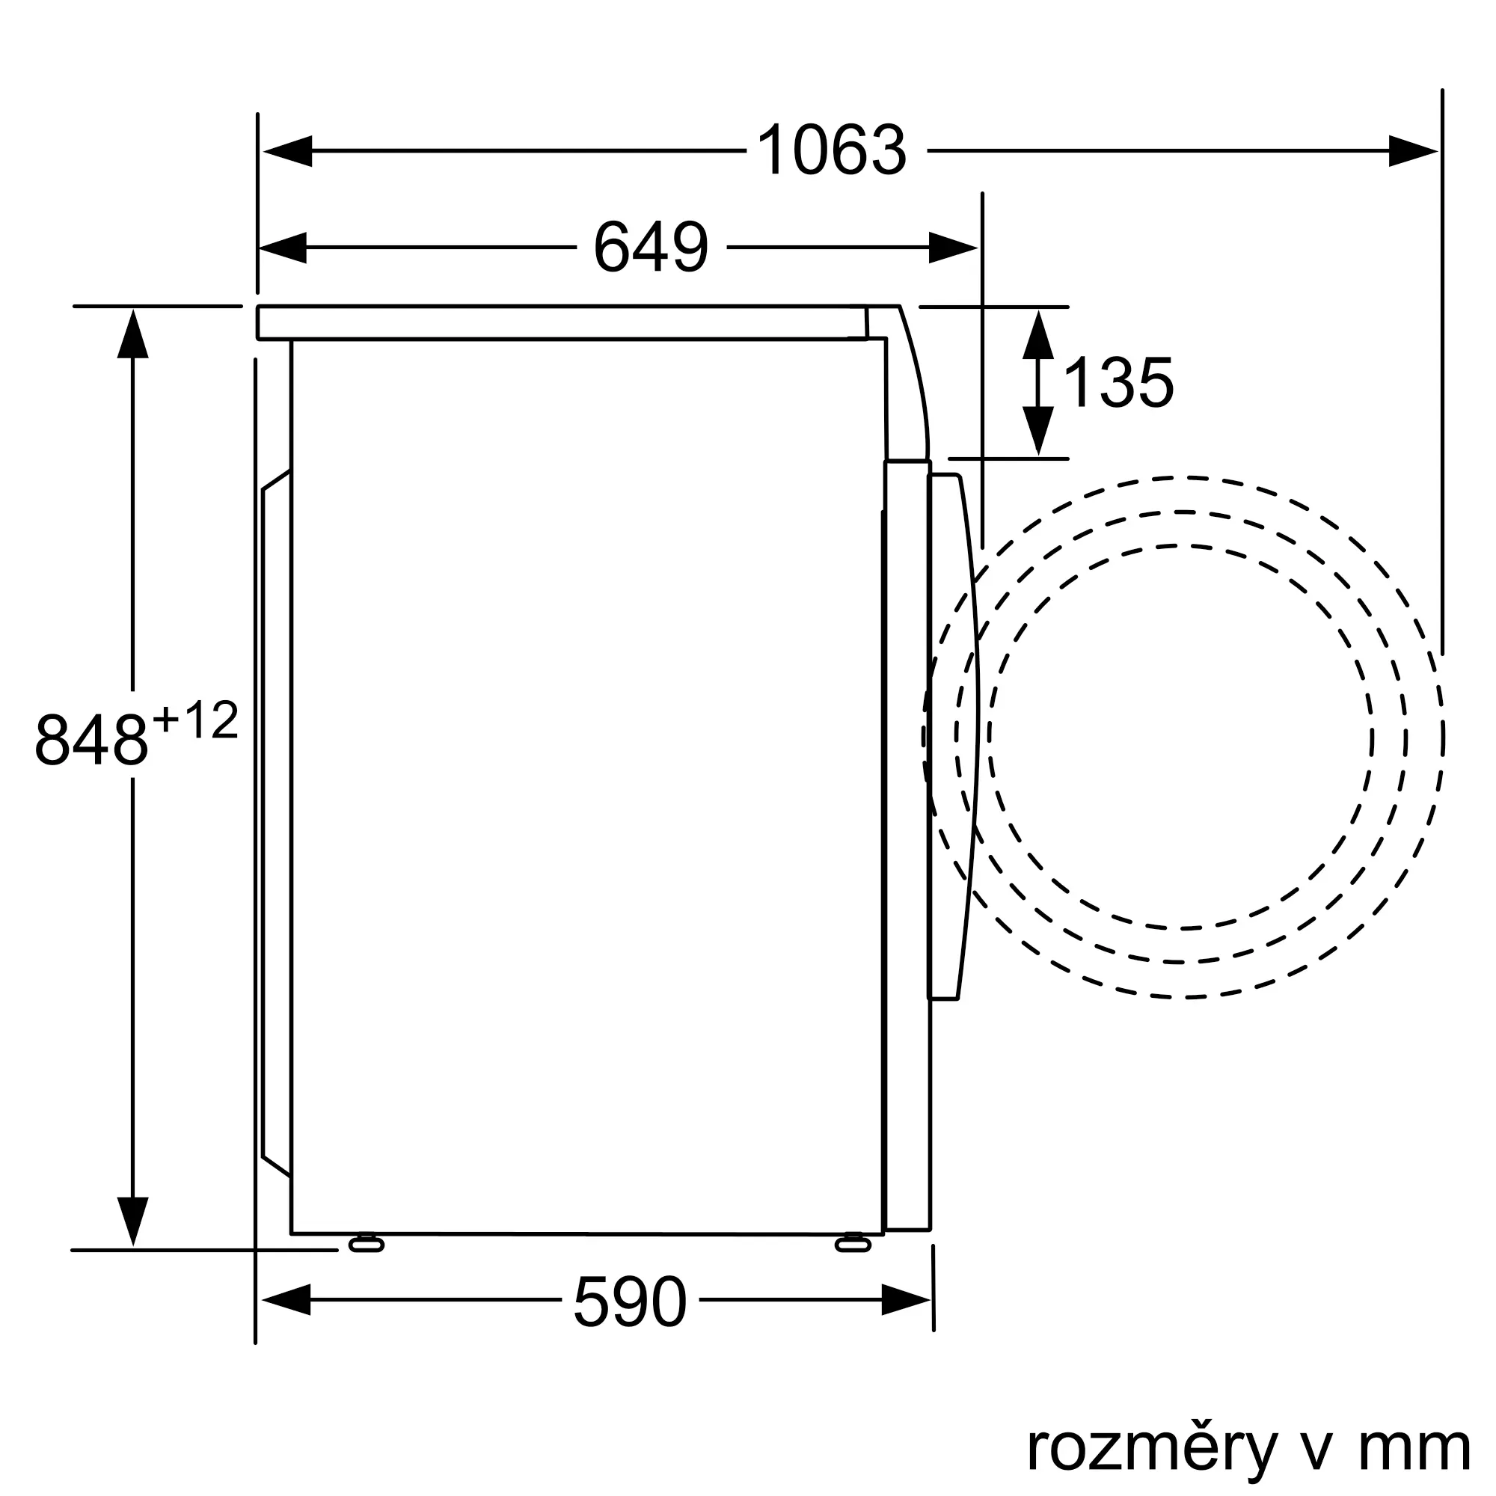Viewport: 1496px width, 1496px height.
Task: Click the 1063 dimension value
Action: pos(831,150)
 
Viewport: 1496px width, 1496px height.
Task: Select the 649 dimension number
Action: pos(651,247)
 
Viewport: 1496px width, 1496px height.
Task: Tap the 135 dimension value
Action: pos(1119,382)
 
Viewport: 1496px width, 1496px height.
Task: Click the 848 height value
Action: pos(91,741)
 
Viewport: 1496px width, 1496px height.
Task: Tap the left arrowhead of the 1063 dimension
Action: pos(286,151)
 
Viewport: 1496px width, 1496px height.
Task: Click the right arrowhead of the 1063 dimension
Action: pos(1413,151)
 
